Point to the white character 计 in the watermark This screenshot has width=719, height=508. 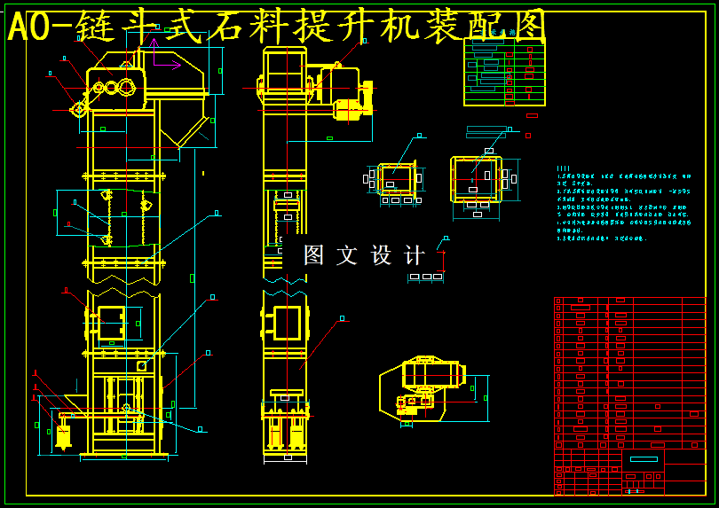click(414, 255)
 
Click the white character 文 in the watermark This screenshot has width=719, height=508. click(347, 255)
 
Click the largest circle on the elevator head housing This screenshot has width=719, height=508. click(126, 87)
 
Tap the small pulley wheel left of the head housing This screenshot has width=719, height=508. click(79, 109)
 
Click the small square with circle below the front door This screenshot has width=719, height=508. click(141, 365)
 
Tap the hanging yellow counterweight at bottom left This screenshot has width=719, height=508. click(63, 435)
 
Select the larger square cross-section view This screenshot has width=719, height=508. click(477, 180)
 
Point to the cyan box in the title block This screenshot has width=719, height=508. click(644, 458)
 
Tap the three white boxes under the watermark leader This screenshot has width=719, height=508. click(426, 277)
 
